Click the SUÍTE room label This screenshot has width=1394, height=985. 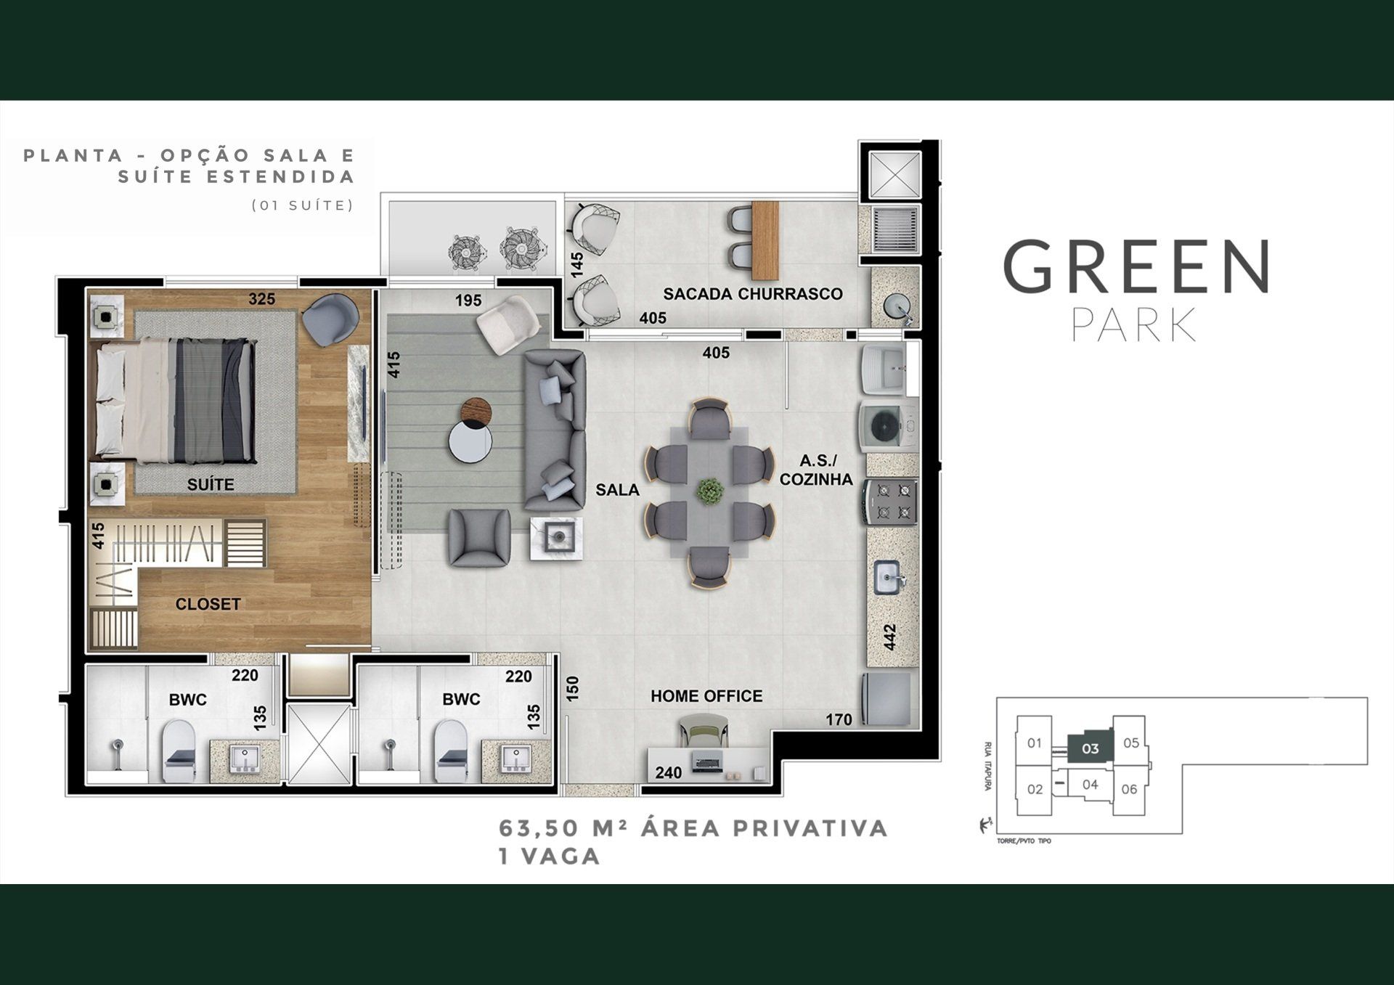tap(211, 484)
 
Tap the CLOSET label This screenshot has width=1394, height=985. tap(208, 604)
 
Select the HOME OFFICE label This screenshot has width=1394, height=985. tap(706, 696)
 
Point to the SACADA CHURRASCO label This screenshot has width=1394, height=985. tap(753, 294)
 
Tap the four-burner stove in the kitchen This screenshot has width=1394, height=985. tap(891, 501)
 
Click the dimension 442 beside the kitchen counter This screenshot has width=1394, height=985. tap(890, 637)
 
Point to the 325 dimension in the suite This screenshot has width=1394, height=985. tap(262, 299)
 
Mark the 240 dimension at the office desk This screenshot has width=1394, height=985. tap(668, 773)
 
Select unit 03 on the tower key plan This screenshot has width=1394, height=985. tap(1090, 748)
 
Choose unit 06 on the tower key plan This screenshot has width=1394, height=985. tap(1129, 789)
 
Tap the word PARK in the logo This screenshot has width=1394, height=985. tap(1133, 325)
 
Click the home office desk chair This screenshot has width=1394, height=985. tap(702, 729)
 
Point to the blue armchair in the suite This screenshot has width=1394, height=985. tap(330, 319)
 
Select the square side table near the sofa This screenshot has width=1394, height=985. tap(556, 538)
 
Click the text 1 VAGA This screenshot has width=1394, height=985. tap(549, 857)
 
